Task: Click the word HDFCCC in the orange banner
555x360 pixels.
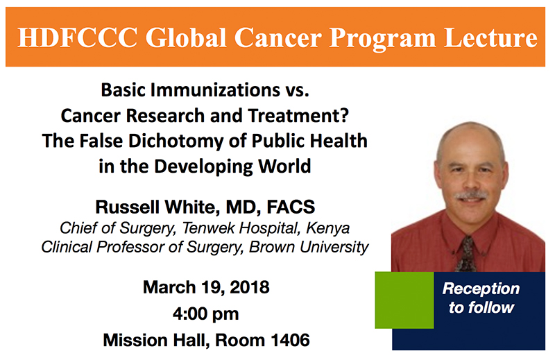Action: pyautogui.click(x=78, y=37)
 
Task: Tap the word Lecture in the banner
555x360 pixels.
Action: pyautogui.click(x=490, y=37)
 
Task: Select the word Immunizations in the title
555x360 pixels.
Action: pyautogui.click(x=215, y=90)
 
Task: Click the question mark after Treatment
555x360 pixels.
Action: pyautogui.click(x=344, y=115)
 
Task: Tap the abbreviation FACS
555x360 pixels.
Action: pyautogui.click(x=291, y=207)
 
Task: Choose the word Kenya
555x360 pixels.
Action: pyautogui.click(x=327, y=228)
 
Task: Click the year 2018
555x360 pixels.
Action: pyautogui.click(x=250, y=287)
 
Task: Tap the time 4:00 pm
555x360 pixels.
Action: pyautogui.click(x=206, y=314)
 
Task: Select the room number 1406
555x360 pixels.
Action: pyautogui.click(x=290, y=340)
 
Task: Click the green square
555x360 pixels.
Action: pyautogui.click(x=404, y=300)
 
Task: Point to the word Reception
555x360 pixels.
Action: pyautogui.click(x=481, y=289)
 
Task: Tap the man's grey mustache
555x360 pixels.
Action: pyautogui.click(x=472, y=195)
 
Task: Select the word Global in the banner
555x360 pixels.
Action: pyautogui.click(x=186, y=37)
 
